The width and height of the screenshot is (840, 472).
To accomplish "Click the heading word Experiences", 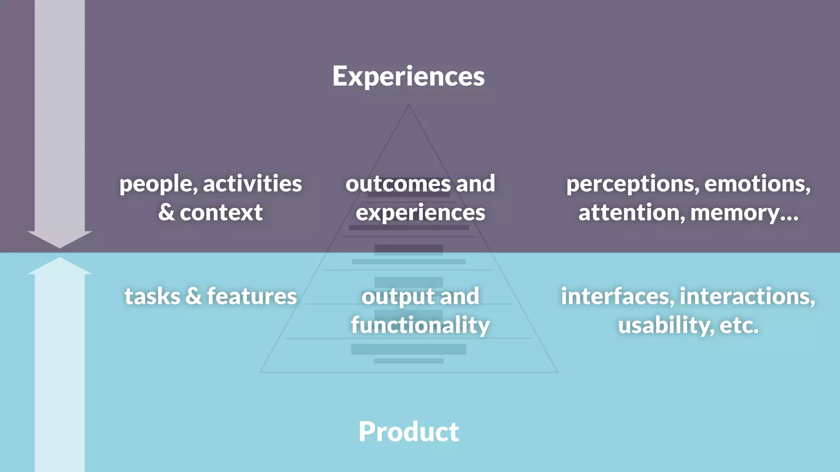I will pyautogui.click(x=408, y=76).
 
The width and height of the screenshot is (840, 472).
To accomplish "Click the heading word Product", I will pyautogui.click(x=409, y=432).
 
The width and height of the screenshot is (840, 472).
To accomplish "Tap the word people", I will pyautogui.click(x=157, y=184).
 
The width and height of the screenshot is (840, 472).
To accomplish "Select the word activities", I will pyautogui.click(x=252, y=184).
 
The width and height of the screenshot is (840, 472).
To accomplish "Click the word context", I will pyautogui.click(x=221, y=213).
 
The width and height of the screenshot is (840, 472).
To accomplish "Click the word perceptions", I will pyautogui.click(x=632, y=184).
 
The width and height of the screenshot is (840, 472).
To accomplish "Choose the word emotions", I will pyautogui.click(x=757, y=184).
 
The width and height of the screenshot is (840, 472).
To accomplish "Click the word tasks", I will pyautogui.click(x=152, y=296).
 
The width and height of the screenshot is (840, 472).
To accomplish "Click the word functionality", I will pyautogui.click(x=420, y=325).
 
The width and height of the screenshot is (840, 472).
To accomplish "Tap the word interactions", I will pyautogui.click(x=746, y=296).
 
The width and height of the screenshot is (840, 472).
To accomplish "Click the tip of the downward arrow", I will pyautogui.click(x=59, y=247).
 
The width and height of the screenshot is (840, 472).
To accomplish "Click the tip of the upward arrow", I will pyautogui.click(x=59, y=258).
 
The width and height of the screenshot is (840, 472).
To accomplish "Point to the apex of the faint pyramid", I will pyautogui.click(x=409, y=105).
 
